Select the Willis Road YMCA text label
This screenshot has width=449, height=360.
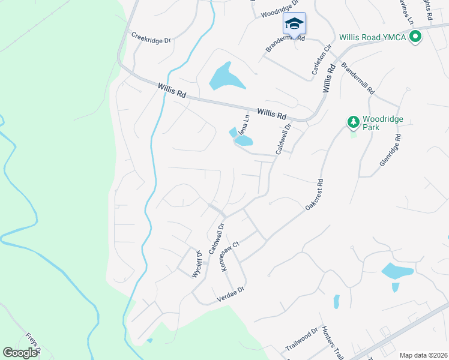tap(372, 37)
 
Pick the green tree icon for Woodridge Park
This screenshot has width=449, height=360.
tap(354, 122)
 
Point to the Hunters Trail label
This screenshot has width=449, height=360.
tap(331, 341)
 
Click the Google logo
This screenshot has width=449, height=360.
tap(20, 353)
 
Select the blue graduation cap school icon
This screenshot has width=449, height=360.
tap(294, 23)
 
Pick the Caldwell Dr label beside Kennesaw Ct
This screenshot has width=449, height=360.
tap(215, 238)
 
